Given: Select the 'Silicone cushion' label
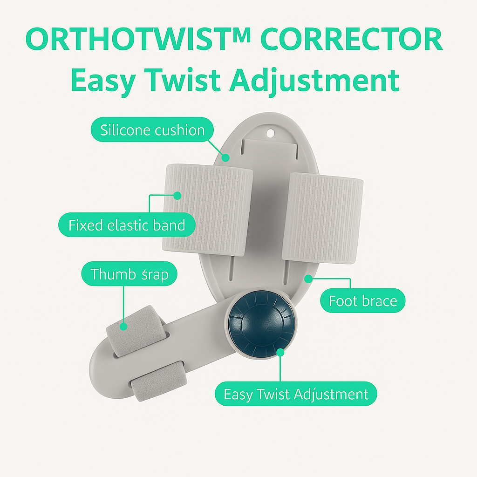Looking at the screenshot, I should point(152,130).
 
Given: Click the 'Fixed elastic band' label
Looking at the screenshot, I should point(127,226).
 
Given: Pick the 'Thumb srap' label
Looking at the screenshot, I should point(129,274).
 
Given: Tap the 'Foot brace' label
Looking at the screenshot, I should point(363,301).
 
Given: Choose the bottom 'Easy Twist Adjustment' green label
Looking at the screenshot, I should point(296,395).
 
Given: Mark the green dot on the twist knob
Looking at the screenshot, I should point(280,352).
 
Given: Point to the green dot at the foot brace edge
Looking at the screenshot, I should point(307,278).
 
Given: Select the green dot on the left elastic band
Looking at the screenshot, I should point(177,196).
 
